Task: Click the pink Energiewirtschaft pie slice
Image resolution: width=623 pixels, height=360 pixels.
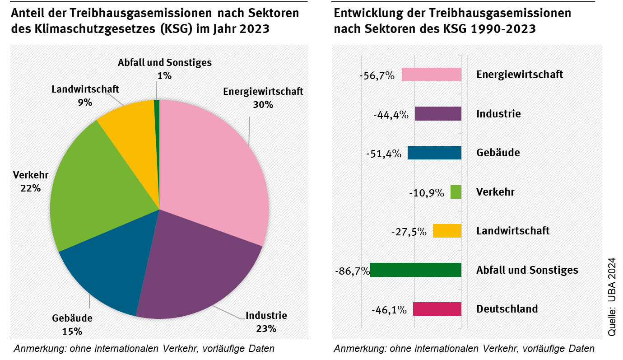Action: pos(212,167)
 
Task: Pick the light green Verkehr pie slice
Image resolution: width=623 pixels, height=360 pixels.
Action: pos(95,194)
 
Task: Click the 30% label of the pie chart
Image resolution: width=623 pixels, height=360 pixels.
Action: pos(263,104)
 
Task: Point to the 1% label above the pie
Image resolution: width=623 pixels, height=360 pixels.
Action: pos(164,76)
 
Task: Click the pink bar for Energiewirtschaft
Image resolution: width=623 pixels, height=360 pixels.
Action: pos(431,75)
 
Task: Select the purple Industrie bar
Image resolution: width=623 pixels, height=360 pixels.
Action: pos(438,114)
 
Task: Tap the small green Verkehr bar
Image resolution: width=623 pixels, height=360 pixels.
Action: pos(456,192)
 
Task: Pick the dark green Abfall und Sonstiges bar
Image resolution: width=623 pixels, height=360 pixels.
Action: pos(416,270)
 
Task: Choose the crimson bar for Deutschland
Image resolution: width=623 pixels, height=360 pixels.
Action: pos(437,309)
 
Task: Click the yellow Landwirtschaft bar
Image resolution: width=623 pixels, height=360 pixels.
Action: pos(447,231)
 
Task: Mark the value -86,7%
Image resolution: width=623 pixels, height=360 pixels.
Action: pos(352,271)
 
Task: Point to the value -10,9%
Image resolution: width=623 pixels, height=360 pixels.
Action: pos(426,193)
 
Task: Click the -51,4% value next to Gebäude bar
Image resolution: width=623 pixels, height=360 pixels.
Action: pos(384,154)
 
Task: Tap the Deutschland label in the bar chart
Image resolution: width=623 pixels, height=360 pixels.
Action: pos(507,309)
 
